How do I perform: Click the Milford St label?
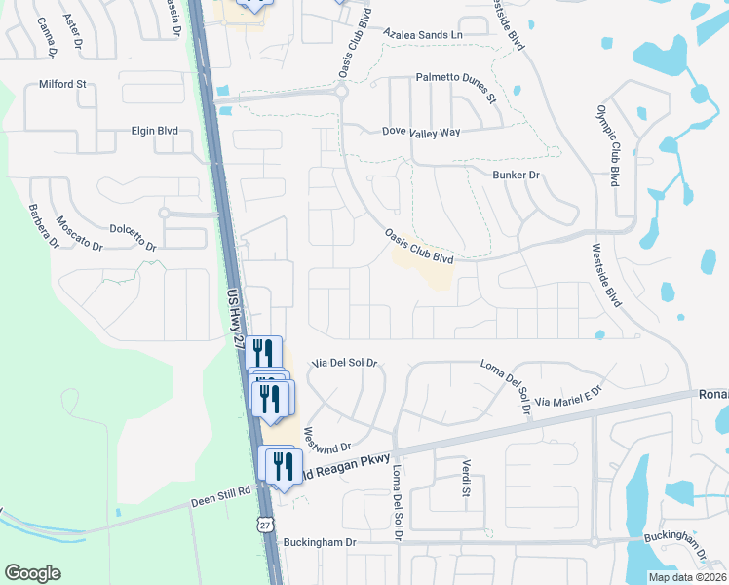click(x=62, y=85)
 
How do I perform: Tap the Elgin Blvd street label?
click(x=155, y=131)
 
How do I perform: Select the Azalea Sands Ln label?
click(x=423, y=35)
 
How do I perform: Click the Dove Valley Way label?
click(x=420, y=131)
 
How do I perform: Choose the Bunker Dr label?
click(x=516, y=175)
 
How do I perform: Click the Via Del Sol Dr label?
click(x=344, y=363)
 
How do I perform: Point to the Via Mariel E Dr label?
click(x=570, y=398)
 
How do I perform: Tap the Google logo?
click(x=33, y=573)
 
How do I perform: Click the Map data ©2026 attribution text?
click(x=686, y=577)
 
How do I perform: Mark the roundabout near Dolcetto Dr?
click(x=164, y=212)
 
